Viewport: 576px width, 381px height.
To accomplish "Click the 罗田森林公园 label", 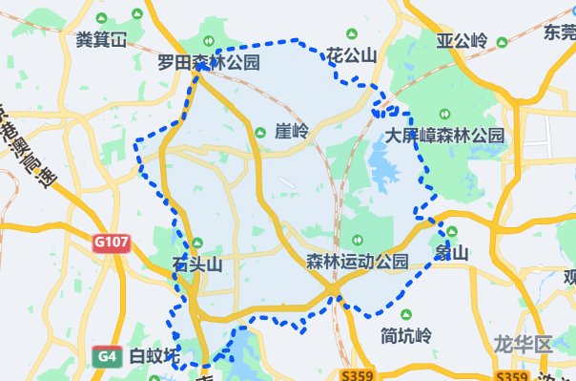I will tap(210, 63).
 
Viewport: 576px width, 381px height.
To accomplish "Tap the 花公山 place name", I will tap(351, 56).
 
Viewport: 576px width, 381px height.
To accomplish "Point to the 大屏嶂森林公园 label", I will tap(445, 136).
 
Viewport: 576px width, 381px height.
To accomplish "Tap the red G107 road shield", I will tap(111, 243).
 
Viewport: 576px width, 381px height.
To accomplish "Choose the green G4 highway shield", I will tap(106, 357).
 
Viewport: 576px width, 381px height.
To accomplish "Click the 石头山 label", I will tap(196, 265).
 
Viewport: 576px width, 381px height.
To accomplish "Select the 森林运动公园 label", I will tap(358, 261).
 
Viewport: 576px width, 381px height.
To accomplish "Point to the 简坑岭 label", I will tap(406, 336).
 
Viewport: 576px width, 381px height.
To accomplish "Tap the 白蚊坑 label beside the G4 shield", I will tap(154, 357).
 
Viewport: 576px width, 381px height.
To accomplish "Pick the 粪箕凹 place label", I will tap(101, 40).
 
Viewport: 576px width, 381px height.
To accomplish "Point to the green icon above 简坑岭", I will tap(406, 316).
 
